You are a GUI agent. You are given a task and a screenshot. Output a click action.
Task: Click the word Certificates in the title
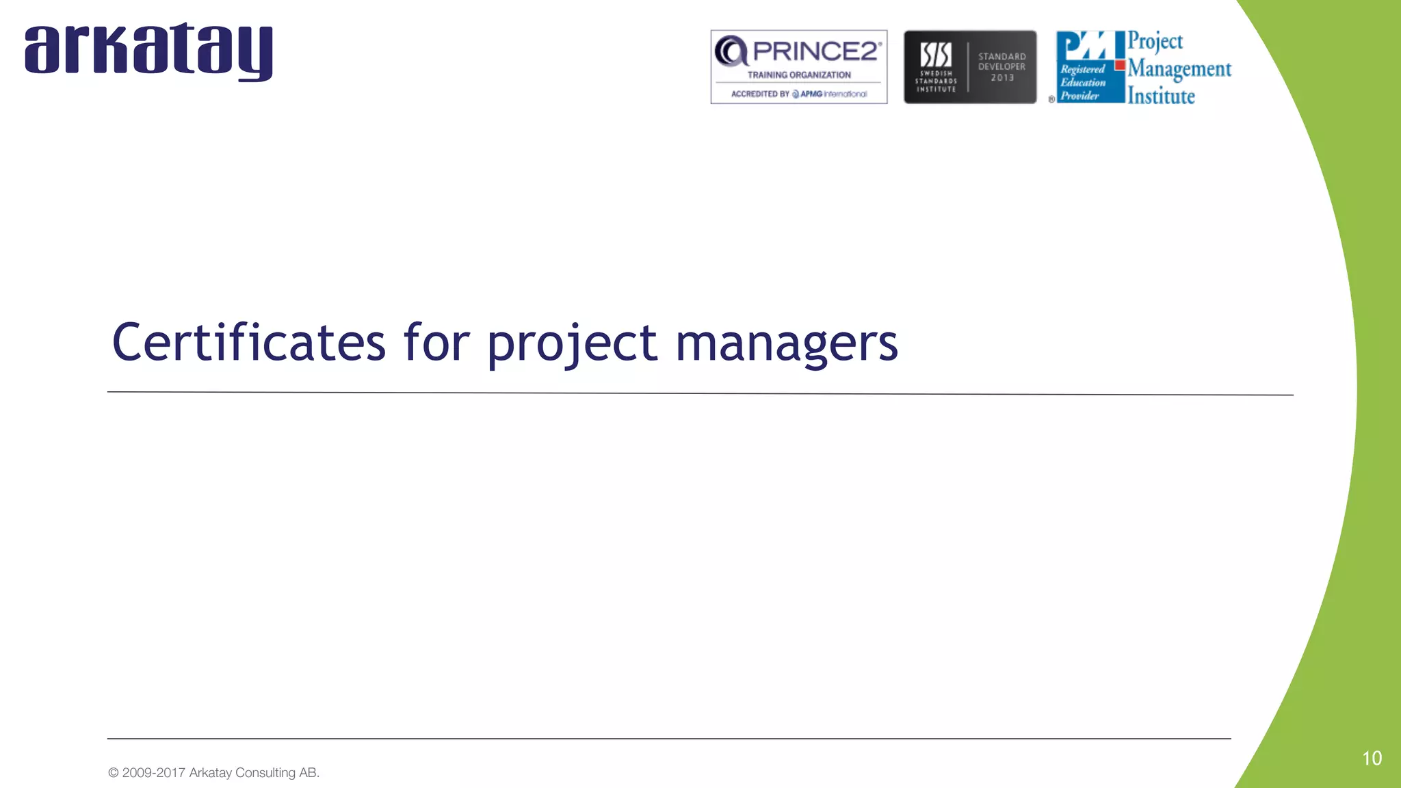point(248,343)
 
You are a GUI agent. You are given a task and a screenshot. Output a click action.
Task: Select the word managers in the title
point(787,344)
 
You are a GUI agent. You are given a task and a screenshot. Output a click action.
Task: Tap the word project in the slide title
point(572,344)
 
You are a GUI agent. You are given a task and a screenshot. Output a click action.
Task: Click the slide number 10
point(1372,758)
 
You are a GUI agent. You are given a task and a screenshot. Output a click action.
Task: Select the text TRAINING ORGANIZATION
point(799,75)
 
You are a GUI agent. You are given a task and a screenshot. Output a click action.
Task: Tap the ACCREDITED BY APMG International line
point(799,94)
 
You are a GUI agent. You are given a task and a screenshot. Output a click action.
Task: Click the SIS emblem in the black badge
point(935,55)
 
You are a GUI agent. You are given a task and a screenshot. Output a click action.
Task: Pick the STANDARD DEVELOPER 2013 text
point(1002,67)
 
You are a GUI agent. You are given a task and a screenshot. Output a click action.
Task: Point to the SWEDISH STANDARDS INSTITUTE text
point(936,81)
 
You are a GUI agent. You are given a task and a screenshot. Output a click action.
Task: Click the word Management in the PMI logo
point(1179,69)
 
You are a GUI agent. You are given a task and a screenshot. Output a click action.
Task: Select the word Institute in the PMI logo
point(1161,96)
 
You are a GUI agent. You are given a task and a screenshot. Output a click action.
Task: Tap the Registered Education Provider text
point(1082,83)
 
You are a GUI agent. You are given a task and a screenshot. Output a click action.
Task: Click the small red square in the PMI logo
point(1120,66)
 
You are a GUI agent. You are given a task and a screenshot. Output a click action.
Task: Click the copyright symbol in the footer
point(114,773)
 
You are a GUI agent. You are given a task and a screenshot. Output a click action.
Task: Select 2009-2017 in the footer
point(153,773)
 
